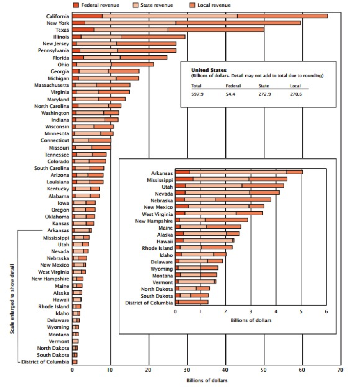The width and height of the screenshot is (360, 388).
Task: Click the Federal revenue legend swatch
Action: click(76, 5)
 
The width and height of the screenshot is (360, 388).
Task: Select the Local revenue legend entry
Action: click(213, 5)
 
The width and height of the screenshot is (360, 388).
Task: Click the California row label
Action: click(57, 16)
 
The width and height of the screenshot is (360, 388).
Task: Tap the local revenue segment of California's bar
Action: click(282, 16)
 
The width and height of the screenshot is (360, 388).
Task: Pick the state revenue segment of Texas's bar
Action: click(131, 30)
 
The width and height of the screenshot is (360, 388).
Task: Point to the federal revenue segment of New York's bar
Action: click(79, 23)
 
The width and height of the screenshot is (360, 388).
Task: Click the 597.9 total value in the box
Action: click(197, 94)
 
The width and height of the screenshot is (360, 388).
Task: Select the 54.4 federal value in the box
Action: click(231, 94)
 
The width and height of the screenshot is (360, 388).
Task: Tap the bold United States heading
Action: click(209, 70)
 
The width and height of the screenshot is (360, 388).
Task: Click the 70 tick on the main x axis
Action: click(340, 369)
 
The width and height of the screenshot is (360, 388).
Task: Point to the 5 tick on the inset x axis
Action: click(301, 311)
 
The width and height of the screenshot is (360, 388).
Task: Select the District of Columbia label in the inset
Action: click(149, 302)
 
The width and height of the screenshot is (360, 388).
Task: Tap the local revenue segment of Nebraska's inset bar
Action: click(243, 199)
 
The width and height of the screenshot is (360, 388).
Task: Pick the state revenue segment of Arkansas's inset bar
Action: click(238, 172)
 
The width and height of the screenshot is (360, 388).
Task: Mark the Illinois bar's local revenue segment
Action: click(153, 37)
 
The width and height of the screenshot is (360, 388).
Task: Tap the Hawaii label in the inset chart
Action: click(165, 240)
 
